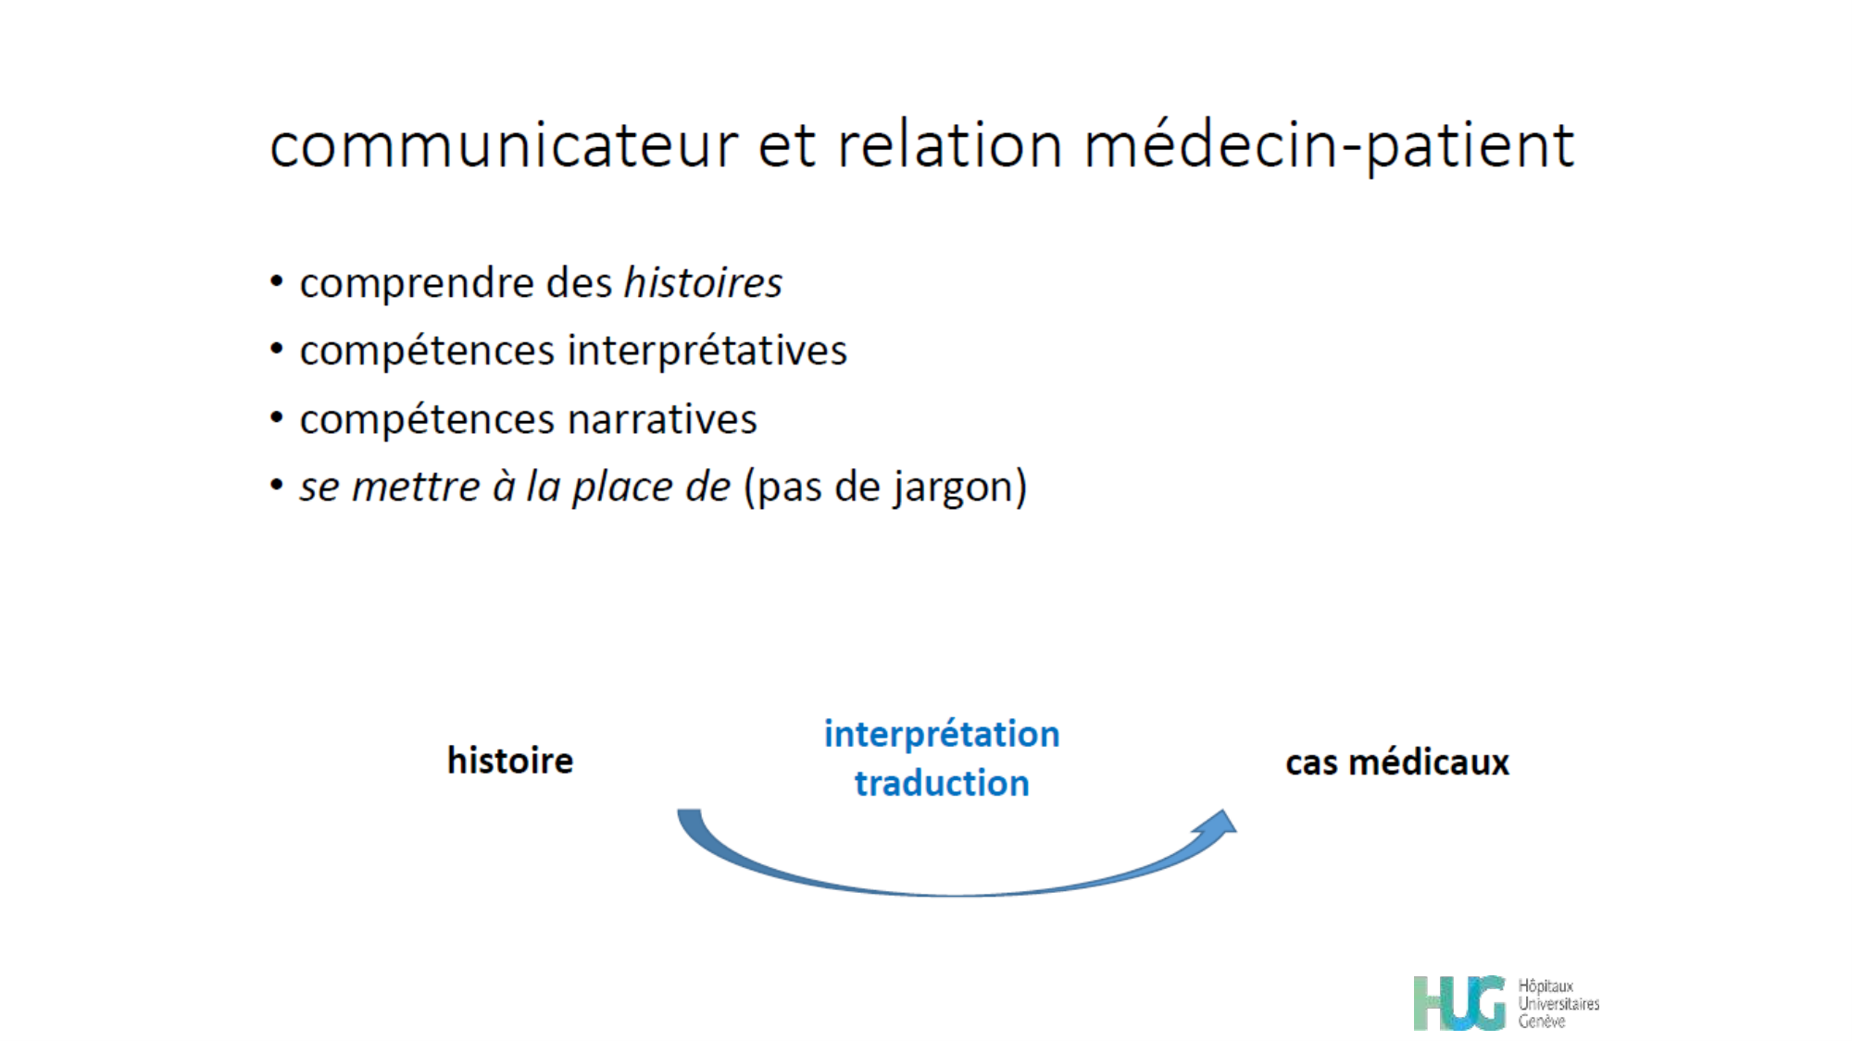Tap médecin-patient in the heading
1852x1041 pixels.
pyautogui.click(x=1329, y=146)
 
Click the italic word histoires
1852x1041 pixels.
pyautogui.click(x=703, y=283)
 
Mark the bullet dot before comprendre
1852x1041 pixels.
pyautogui.click(x=277, y=281)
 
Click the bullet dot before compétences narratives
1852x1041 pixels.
pyautogui.click(x=277, y=417)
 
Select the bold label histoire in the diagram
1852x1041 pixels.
pyautogui.click(x=510, y=761)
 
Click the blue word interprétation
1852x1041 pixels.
pyautogui.click(x=942, y=734)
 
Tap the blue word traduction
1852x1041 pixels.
pyautogui.click(x=942, y=784)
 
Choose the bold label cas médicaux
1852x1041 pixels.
pyautogui.click(x=1396, y=762)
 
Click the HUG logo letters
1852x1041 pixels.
pyautogui.click(x=1458, y=1003)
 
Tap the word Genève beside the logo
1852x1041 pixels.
pyautogui.click(x=1541, y=1022)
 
